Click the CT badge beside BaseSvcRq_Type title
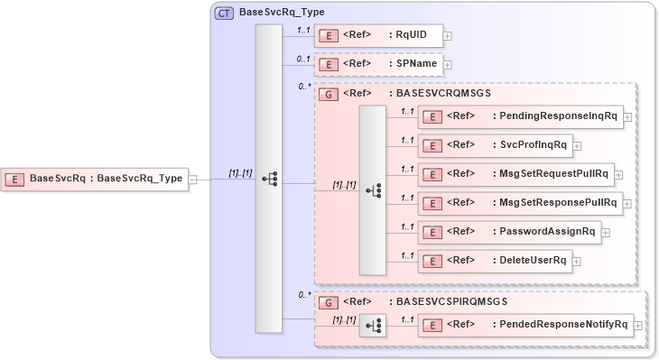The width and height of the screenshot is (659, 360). (x=223, y=14)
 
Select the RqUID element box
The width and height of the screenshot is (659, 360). (x=378, y=36)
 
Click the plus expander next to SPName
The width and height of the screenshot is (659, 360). (x=447, y=65)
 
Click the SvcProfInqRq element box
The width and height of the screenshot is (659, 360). (x=494, y=145)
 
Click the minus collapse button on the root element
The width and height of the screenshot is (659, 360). (x=193, y=179)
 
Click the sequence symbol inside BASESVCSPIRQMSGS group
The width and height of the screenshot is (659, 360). (x=372, y=325)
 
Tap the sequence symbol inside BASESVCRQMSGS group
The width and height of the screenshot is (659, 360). (x=372, y=190)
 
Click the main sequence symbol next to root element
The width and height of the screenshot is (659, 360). (x=269, y=179)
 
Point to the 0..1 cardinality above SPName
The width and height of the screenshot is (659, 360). (x=303, y=59)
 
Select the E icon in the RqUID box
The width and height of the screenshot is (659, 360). (x=331, y=36)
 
